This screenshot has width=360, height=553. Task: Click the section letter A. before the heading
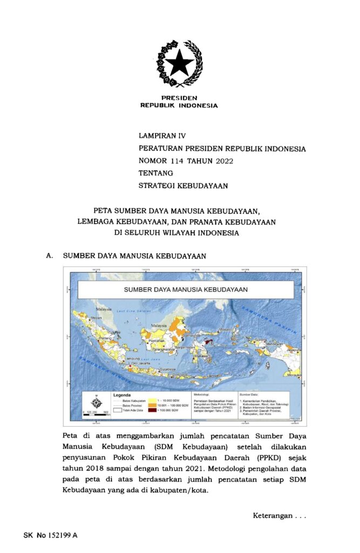[50, 256]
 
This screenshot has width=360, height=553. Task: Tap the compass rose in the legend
[96, 402]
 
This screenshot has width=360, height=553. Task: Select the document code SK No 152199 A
[50, 536]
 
